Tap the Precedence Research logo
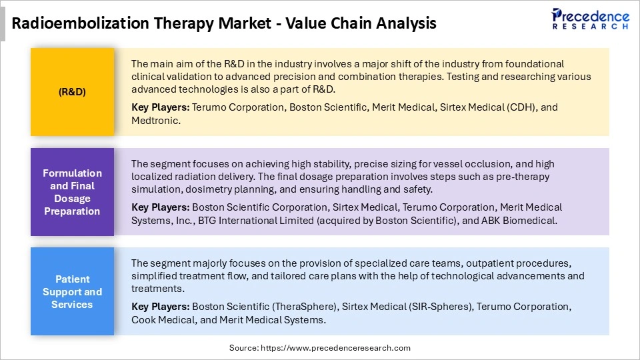pyautogui.click(x=589, y=19)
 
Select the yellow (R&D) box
pyautogui.click(x=72, y=92)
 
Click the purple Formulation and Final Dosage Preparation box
pyautogui.click(x=72, y=192)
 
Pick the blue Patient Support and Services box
pyautogui.click(x=72, y=291)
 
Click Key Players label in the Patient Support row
pyautogui.click(x=160, y=307)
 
